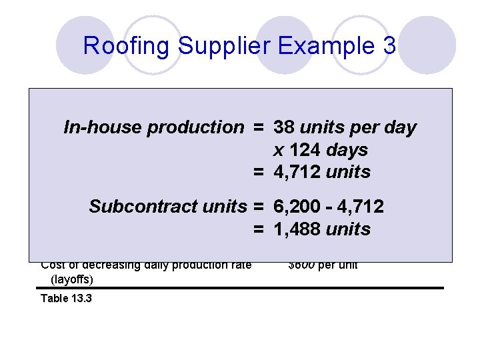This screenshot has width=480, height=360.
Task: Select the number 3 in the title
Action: [389, 46]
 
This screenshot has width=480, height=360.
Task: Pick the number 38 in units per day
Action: [285, 127]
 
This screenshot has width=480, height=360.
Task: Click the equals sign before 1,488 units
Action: [258, 229]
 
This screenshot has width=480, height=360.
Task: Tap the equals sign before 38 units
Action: [258, 127]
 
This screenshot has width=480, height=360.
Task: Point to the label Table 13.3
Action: [66, 298]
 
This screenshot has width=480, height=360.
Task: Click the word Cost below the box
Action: [53, 265]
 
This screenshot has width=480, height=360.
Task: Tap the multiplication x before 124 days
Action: [278, 151]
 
